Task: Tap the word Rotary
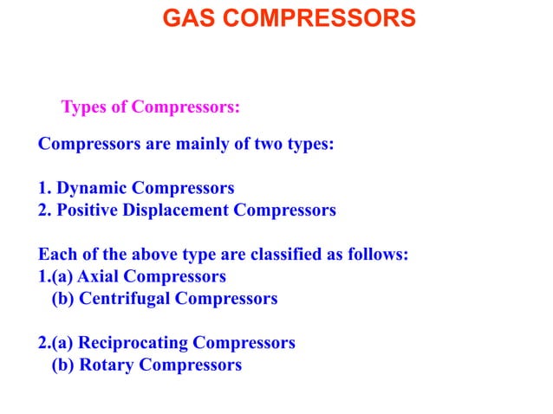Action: click(107, 365)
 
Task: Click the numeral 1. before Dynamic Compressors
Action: click(45, 188)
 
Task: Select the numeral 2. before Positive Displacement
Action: click(45, 210)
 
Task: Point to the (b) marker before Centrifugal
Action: click(63, 299)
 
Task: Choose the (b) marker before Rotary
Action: click(63, 365)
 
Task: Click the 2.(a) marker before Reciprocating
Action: click(56, 343)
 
